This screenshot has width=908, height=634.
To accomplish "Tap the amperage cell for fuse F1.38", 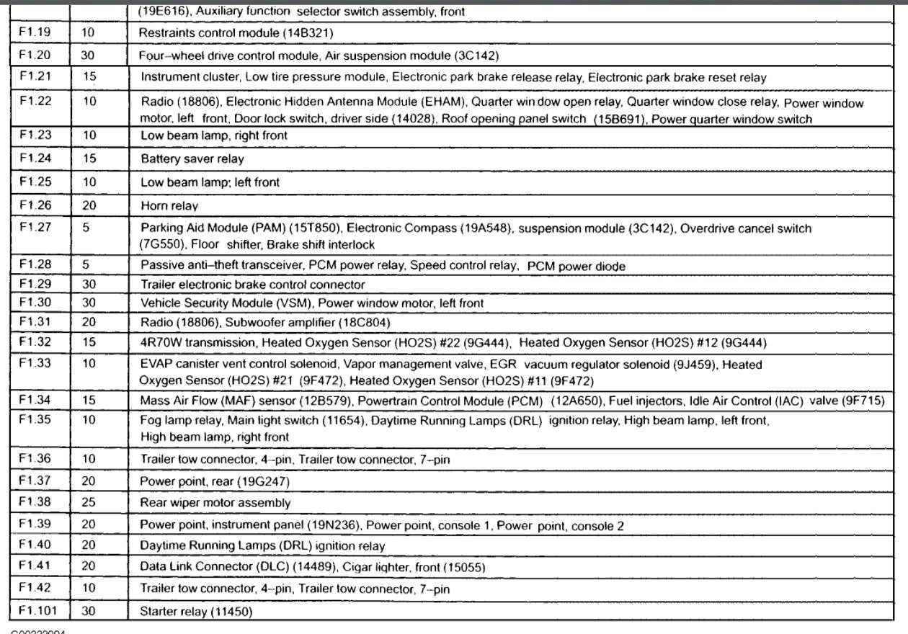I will (x=89, y=502).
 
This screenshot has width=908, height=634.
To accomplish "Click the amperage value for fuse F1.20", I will (x=89, y=55).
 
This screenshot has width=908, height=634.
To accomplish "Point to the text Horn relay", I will (x=169, y=206).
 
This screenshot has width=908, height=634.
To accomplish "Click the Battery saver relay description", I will (x=192, y=158).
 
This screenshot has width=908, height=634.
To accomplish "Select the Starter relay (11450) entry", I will (x=196, y=612).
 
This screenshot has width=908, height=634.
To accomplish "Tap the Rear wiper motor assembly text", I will (x=215, y=502).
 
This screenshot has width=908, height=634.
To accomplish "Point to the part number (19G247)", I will (x=263, y=481).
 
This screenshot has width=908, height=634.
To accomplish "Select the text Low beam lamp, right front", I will (x=213, y=135).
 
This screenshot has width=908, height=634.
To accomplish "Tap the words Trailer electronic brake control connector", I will (x=252, y=285).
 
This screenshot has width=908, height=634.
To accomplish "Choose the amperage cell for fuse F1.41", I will (x=89, y=566).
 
